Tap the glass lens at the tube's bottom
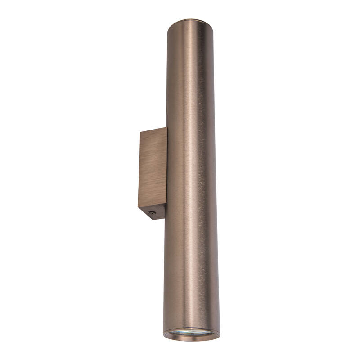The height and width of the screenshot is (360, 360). tap(191, 333)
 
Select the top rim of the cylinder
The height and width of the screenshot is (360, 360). tap(193, 21)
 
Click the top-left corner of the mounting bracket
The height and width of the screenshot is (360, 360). tap(140, 132)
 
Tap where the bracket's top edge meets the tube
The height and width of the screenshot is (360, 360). tap(166, 128)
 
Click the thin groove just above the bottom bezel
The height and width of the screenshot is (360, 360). tap(191, 328)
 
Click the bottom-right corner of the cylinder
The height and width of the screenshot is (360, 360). tap(220, 334)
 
